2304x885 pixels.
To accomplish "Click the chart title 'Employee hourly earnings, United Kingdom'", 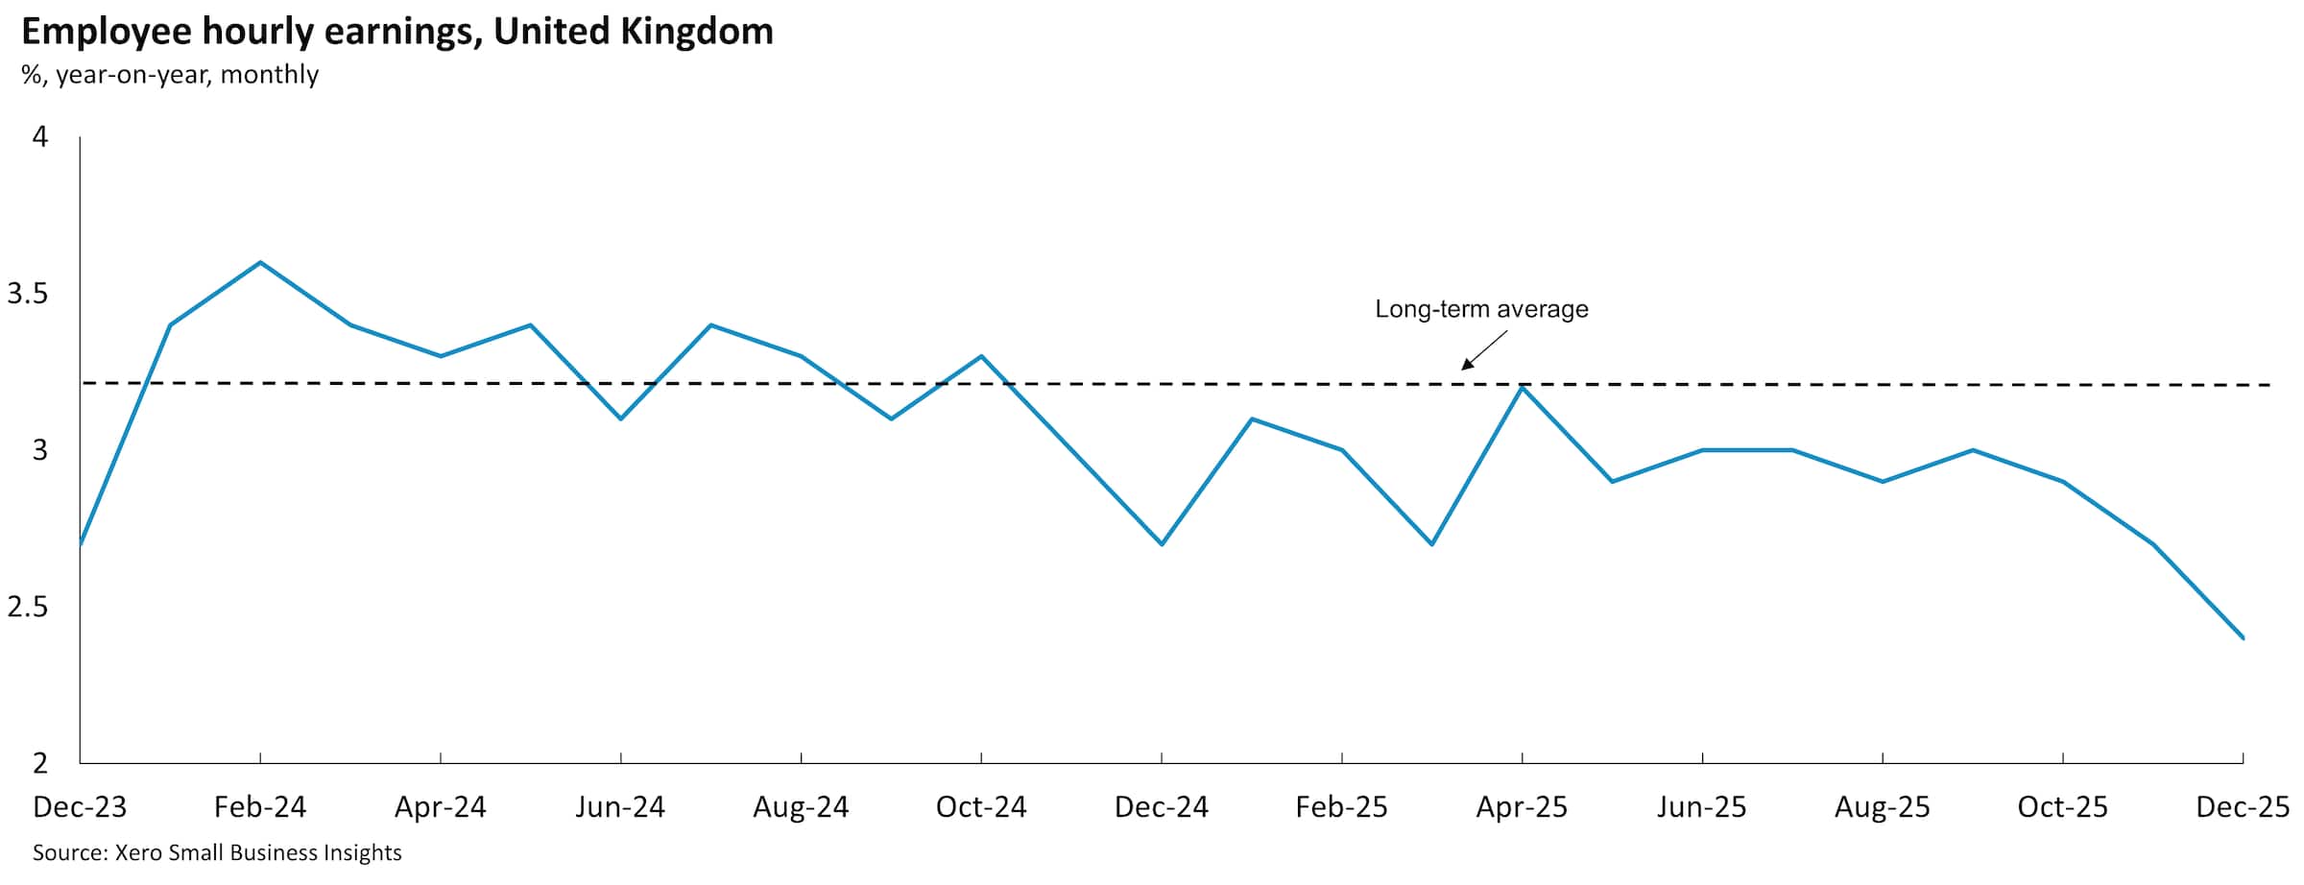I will pyautogui.click(x=396, y=33).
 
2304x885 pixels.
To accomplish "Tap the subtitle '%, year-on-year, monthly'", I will pyautogui.click(x=170, y=75).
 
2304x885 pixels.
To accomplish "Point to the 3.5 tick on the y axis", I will pyautogui.click(x=28, y=294).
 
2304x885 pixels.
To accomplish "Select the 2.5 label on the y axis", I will pyautogui.click(x=28, y=608).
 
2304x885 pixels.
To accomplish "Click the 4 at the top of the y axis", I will pyautogui.click(x=40, y=137).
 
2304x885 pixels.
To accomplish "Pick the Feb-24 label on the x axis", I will pyautogui.click(x=260, y=807).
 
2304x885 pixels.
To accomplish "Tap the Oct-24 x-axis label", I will pyautogui.click(x=981, y=807).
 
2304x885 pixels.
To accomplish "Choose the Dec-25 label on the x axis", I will pyautogui.click(x=2243, y=807).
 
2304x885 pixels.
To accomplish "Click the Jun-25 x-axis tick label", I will pyautogui.click(x=1702, y=807).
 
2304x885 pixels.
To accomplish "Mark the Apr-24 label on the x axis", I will pyautogui.click(x=441, y=807).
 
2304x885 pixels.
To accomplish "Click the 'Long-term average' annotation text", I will pyautogui.click(x=1481, y=309).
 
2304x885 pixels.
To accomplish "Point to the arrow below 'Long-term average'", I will pyautogui.click(x=1483, y=350).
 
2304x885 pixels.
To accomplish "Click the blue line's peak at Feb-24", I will pyautogui.click(x=260, y=262).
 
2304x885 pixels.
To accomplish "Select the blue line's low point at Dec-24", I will pyautogui.click(x=1162, y=544).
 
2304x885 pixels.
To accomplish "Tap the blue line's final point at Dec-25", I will pyautogui.click(x=2243, y=638).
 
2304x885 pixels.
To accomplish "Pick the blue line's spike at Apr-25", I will pyautogui.click(x=1522, y=387).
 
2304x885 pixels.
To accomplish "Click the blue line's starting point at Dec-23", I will pyautogui.click(x=81, y=544).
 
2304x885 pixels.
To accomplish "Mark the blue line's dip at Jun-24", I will pyautogui.click(x=621, y=419).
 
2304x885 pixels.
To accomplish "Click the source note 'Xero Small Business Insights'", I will pyautogui.click(x=257, y=852).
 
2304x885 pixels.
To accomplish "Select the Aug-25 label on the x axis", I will pyautogui.click(x=1883, y=807).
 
